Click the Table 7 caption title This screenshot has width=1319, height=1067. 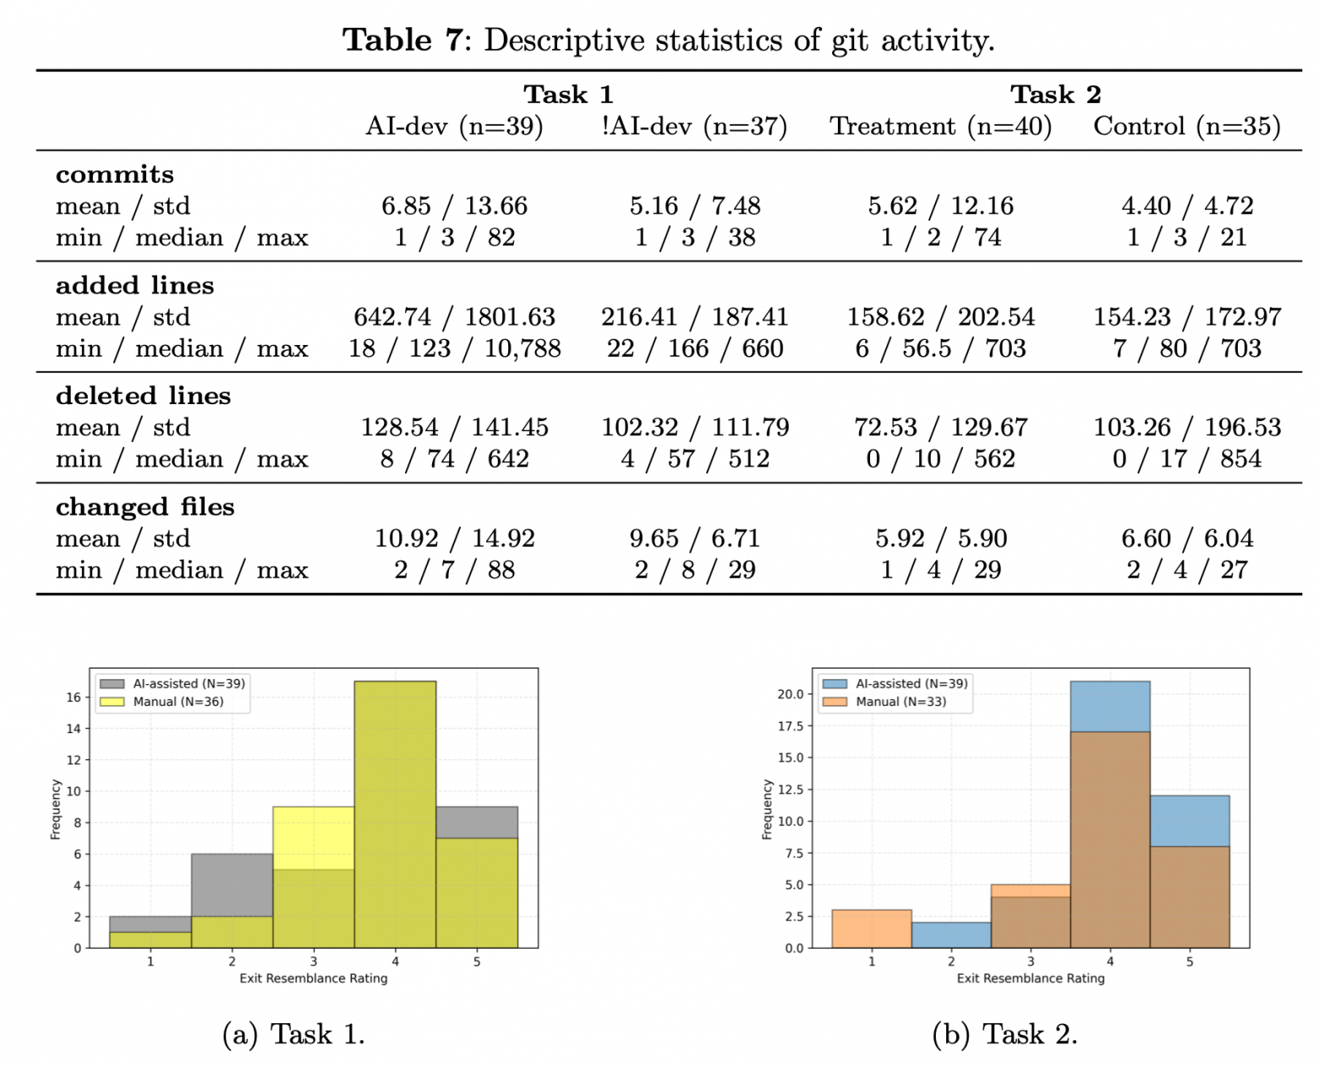pos(668,40)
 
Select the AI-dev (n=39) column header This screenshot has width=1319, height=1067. pos(454,126)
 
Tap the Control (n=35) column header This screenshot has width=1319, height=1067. pos(1186,126)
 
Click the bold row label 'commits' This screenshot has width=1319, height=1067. pos(115,174)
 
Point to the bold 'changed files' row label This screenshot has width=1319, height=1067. pos(145,506)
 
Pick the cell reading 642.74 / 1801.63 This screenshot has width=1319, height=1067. pos(454,317)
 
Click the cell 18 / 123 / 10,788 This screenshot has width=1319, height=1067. pos(454,348)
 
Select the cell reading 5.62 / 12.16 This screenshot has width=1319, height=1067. pos(940,205)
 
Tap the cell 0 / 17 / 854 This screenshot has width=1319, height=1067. pos(1186,459)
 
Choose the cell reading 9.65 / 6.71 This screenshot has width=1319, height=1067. pos(694,539)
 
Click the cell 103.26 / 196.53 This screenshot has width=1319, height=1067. pos(1186,427)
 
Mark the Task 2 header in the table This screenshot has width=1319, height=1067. pos(1055,94)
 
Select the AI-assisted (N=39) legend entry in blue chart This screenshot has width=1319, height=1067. pos(911,683)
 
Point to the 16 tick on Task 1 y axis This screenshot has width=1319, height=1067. pos(74,698)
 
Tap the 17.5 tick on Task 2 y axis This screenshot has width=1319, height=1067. pos(791,726)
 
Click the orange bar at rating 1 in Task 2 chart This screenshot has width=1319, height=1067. pos(872,928)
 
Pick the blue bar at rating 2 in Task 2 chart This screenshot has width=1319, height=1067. pos(951,935)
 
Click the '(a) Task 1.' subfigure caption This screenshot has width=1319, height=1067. pos(293,1034)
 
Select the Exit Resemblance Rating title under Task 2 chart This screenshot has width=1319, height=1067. pos(1030,978)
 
